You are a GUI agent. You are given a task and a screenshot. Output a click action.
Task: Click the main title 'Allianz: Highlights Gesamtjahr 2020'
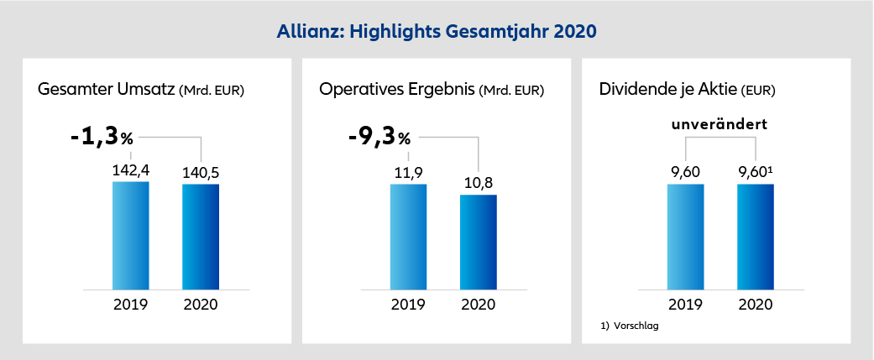click(x=437, y=31)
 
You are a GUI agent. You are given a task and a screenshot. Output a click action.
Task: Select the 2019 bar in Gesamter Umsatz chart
click(x=130, y=235)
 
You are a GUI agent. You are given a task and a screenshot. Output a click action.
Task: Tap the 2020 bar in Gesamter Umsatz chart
click(x=200, y=236)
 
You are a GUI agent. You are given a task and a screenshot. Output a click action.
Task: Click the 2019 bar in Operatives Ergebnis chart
click(x=408, y=236)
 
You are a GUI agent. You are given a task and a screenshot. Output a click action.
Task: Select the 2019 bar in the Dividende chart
click(x=685, y=236)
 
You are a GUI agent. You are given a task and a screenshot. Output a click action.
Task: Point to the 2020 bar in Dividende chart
click(x=755, y=236)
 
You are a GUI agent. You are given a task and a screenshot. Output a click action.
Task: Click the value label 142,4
click(x=130, y=170)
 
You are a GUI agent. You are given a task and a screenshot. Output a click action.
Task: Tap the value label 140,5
click(x=200, y=171)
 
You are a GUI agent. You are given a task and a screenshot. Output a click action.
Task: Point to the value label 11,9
click(x=408, y=171)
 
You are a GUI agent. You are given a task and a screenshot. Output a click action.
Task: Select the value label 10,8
click(x=478, y=182)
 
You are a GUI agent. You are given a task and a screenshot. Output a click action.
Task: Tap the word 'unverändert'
click(x=720, y=124)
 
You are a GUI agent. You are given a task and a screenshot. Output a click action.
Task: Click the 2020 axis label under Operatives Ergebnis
click(x=478, y=304)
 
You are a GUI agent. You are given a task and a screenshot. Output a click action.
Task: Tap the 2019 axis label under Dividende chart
click(x=685, y=304)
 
